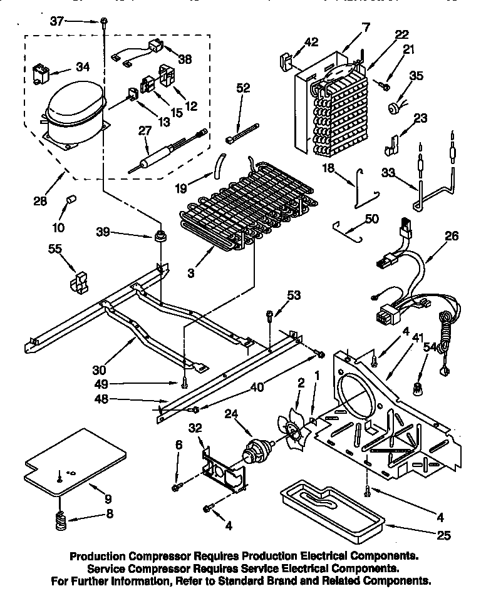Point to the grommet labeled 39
160,237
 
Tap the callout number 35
416,76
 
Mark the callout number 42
311,43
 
